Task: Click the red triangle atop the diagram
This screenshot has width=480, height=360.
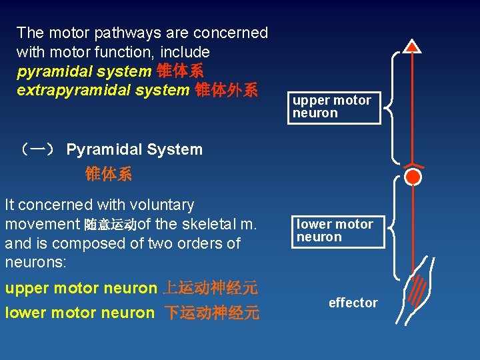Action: click(413, 45)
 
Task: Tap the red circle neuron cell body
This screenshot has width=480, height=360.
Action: click(413, 177)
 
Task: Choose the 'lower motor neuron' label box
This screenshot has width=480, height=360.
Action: click(338, 231)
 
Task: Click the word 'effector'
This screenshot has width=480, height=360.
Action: click(353, 303)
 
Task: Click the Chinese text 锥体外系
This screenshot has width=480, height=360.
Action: click(225, 90)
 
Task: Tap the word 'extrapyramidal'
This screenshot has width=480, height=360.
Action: click(66, 90)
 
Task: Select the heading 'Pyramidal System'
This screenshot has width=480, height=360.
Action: click(134, 149)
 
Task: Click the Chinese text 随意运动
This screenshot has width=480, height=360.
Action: click(111, 225)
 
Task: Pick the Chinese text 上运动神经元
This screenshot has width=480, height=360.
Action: click(210, 289)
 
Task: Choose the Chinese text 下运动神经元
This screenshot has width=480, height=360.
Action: click(212, 313)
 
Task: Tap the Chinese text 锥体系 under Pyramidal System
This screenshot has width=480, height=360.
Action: click(109, 175)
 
